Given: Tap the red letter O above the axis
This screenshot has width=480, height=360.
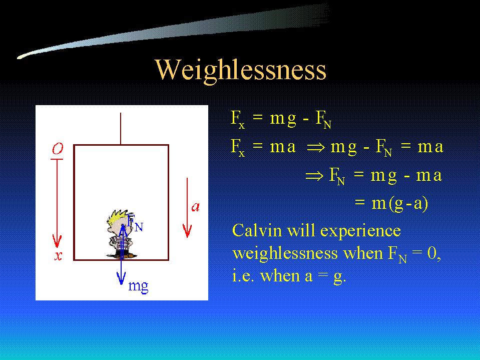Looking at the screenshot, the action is coord(57,149).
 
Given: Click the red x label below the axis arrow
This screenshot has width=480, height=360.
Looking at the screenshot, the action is coord(58,255).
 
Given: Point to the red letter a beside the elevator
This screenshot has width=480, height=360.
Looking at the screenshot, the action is coord(195,207).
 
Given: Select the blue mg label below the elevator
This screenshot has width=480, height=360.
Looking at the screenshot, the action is coord(138,286).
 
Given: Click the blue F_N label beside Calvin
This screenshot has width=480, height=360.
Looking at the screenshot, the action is coord(135,223).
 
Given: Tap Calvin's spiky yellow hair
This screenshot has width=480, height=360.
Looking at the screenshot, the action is coord(118,216).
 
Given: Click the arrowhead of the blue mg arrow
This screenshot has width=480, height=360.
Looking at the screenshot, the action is coord(121,278).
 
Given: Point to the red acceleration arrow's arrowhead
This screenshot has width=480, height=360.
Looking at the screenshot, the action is coord(187,231).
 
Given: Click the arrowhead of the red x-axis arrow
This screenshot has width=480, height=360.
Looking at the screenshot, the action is coord(57,241).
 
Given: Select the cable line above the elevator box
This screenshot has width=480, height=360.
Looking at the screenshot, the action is coord(121,129).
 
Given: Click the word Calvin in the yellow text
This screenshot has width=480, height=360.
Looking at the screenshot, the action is coord(257,230).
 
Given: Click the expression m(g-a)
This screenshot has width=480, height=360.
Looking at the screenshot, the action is coord(399,204).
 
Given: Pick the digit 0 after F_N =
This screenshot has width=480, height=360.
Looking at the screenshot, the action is coord(432,253).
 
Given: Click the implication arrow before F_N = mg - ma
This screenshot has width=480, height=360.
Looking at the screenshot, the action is coord(314,176).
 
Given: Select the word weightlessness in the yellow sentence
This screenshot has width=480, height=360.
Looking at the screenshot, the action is coord(285,254).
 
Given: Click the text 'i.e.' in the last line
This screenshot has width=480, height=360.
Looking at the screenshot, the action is coord(243,276).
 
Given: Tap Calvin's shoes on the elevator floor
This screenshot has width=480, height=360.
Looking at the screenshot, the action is coord(122,255).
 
